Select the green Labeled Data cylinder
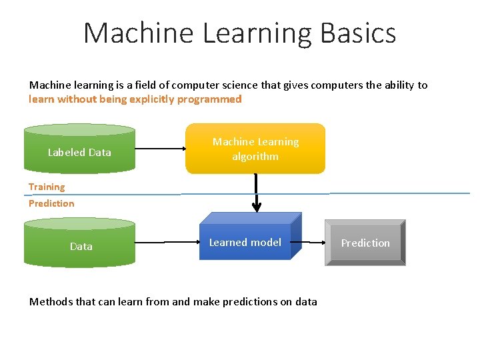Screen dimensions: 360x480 pos(79,152)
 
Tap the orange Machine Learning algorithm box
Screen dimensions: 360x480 pos(255,149)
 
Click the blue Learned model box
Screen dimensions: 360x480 pos(245,242)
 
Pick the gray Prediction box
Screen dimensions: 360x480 pos(365,243)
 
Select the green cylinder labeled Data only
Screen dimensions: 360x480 pos(79,245)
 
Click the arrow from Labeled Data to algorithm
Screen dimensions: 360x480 pos(160,149)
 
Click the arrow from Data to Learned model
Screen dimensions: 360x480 pos(167,242)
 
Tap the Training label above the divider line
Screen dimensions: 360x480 pos(47,187)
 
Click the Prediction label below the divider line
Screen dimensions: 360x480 pos(51,203)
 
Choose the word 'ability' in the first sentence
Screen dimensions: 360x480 pos(397,85)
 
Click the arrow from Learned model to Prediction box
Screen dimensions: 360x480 pos(313,242)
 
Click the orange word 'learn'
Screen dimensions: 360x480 pos(41,99)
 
